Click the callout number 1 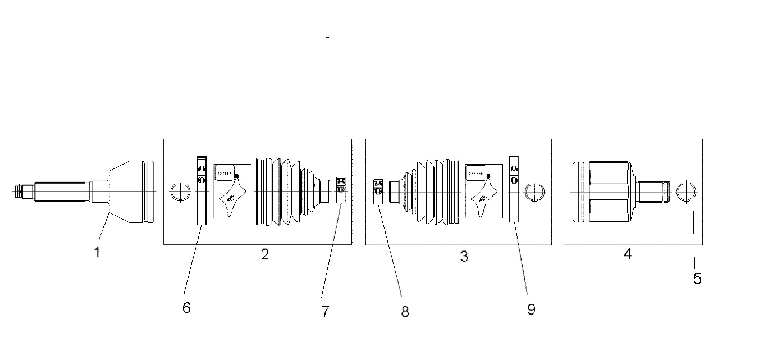click(x=97, y=252)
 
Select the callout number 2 click(x=265, y=254)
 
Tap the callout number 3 click(x=464, y=256)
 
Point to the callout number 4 click(x=628, y=254)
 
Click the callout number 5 click(x=697, y=279)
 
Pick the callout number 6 click(x=186, y=308)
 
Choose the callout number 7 click(x=326, y=312)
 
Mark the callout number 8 click(x=405, y=312)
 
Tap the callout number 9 click(x=531, y=309)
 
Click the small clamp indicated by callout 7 click(x=341, y=190)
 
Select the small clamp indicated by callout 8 click(x=378, y=192)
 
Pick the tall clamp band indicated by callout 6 click(x=202, y=190)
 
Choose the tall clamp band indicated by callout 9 click(x=514, y=189)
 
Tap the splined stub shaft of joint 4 click(x=654, y=192)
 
